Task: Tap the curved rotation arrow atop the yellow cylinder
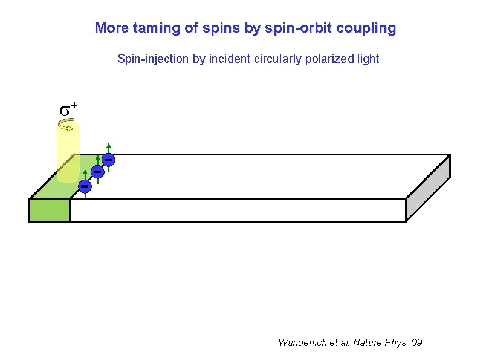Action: click(66, 126)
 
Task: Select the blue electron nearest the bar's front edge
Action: click(85, 184)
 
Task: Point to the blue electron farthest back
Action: click(108, 159)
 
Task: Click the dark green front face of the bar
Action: click(50, 209)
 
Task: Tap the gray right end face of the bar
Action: click(427, 187)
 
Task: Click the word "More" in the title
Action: click(108, 28)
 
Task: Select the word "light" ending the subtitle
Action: click(368, 59)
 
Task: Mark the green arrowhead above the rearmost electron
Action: click(108, 145)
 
